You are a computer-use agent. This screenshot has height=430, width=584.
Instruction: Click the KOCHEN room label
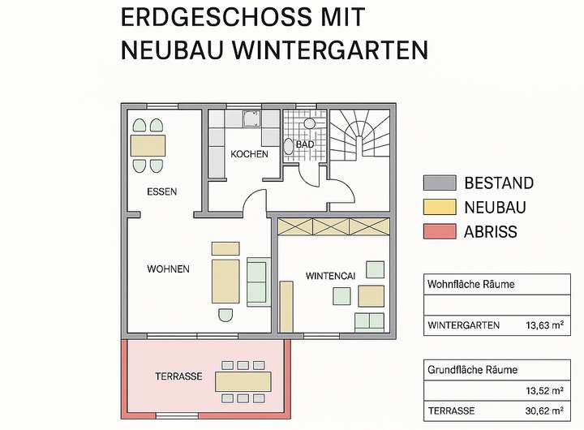pyautogui.click(x=249, y=154)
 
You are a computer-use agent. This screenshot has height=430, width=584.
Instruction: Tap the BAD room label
pyautogui.click(x=305, y=144)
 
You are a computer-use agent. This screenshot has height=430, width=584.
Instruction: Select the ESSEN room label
pyautogui.click(x=161, y=192)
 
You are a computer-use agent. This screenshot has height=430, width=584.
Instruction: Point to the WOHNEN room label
pyautogui.click(x=169, y=269)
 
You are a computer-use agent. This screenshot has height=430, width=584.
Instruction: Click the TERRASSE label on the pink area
pyautogui.click(x=178, y=376)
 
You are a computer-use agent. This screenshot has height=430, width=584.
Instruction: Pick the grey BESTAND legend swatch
pyautogui.click(x=439, y=183)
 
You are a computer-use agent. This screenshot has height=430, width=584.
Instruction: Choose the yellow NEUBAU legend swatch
pyautogui.click(x=439, y=207)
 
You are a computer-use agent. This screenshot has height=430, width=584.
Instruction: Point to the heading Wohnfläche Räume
pyautogui.click(x=471, y=284)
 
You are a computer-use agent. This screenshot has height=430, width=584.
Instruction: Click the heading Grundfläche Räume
pyautogui.click(x=473, y=370)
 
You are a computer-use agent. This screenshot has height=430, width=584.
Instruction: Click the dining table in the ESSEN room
pyautogui.click(x=148, y=146)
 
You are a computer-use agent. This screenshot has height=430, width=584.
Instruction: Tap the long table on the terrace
pyautogui.click(x=243, y=381)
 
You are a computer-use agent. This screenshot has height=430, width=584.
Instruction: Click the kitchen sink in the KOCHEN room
pyautogui.click(x=249, y=118)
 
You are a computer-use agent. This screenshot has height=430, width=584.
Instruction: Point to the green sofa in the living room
pyautogui.click(x=257, y=282)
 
